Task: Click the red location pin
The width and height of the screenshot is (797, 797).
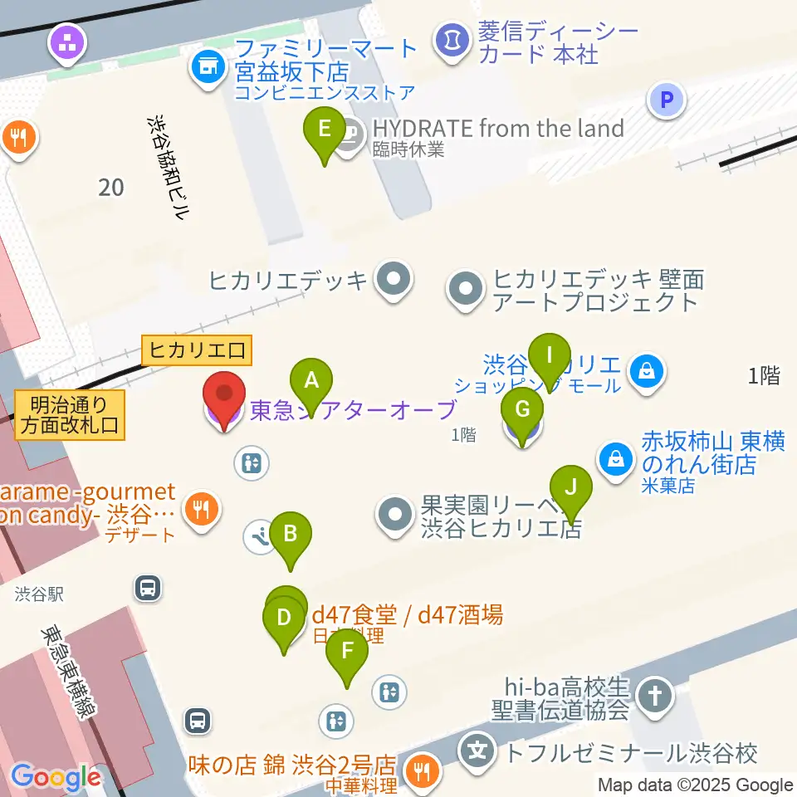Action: pyautogui.click(x=225, y=398)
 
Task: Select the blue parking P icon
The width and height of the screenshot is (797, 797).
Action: pyautogui.click(x=666, y=100)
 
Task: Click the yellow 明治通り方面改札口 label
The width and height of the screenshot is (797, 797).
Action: pyautogui.click(x=69, y=416)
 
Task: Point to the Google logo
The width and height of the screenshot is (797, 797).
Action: pyautogui.click(x=56, y=777)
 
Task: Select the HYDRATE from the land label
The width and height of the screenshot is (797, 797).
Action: pyautogui.click(x=497, y=129)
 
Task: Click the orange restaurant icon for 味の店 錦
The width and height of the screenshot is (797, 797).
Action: pyautogui.click(x=423, y=771)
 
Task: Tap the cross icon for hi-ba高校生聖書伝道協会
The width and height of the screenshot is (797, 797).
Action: pyautogui.click(x=656, y=696)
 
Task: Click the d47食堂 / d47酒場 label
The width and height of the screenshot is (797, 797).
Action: pyautogui.click(x=406, y=615)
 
